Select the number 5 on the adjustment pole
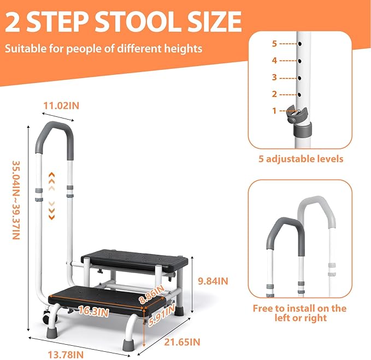point(275,43)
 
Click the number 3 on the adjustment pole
point(275,77)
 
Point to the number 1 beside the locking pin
point(275,110)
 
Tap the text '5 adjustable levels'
point(301,159)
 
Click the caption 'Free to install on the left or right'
point(299,312)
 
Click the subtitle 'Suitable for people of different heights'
point(104,49)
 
